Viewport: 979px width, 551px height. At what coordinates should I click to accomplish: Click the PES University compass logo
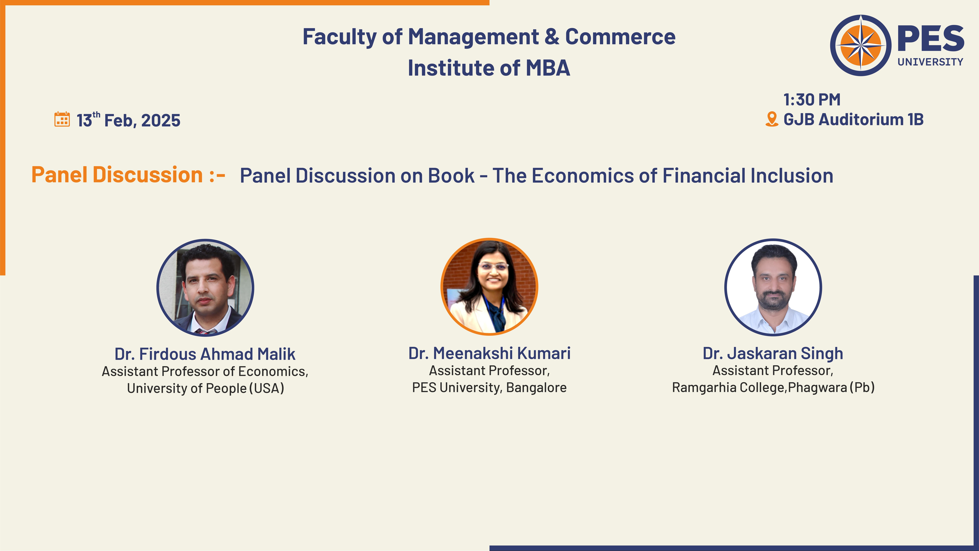(x=860, y=45)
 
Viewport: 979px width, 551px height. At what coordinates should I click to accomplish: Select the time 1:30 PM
(x=812, y=100)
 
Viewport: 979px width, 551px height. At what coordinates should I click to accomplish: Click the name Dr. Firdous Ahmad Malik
(x=205, y=354)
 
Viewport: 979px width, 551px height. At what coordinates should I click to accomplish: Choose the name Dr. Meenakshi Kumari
(x=489, y=353)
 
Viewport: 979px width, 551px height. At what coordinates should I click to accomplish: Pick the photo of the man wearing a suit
(x=205, y=287)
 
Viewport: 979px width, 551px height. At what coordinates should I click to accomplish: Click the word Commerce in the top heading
(x=620, y=37)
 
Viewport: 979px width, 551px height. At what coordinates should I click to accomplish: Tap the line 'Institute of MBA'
(x=489, y=68)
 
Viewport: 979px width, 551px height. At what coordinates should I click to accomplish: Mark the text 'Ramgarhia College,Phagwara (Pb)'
(x=773, y=387)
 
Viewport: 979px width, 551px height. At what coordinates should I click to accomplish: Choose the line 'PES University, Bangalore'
(x=489, y=387)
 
